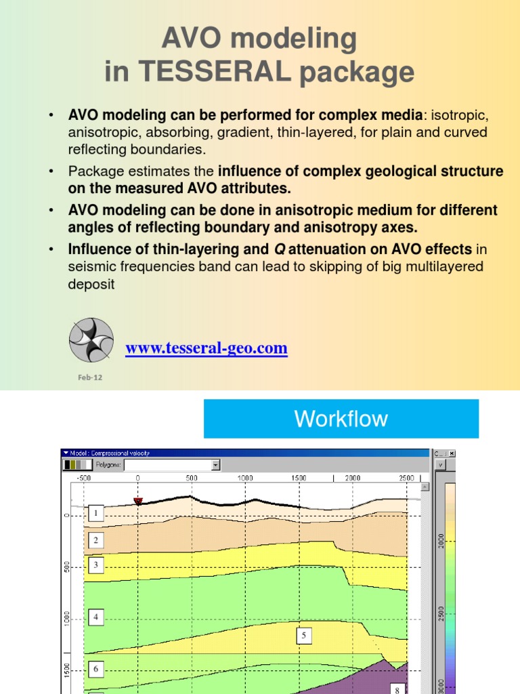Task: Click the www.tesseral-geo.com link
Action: pos(207,348)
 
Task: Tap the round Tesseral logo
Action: pos(91,340)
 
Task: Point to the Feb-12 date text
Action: pos(89,377)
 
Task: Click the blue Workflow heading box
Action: pos(341,418)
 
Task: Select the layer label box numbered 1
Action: pos(96,514)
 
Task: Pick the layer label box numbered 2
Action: pos(96,540)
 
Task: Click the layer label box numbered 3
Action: pos(96,565)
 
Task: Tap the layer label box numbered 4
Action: pos(96,617)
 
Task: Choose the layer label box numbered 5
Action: pos(304,635)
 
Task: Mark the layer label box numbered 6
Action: pos(96,669)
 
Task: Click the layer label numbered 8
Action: pos(397,689)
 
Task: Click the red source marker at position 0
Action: pos(138,501)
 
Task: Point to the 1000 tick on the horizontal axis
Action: pos(245,478)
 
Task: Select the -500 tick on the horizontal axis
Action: pos(84,478)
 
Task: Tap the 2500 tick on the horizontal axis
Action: pos(406,478)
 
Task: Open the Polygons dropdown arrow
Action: pos(216,465)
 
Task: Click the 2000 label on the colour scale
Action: pos(441,541)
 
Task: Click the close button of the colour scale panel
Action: pos(452,453)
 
